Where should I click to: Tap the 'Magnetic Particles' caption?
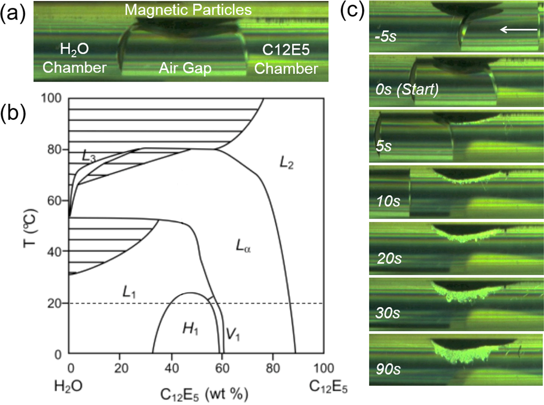pyautogui.click(x=188, y=9)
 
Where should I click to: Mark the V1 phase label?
pyautogui.click(x=232, y=335)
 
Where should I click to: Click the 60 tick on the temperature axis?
pyautogui.click(x=58, y=201)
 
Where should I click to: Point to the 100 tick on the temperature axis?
pyautogui.click(x=55, y=98)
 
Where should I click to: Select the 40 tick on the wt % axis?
pyautogui.click(x=171, y=366)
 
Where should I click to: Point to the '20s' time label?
pyautogui.click(x=389, y=258)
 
